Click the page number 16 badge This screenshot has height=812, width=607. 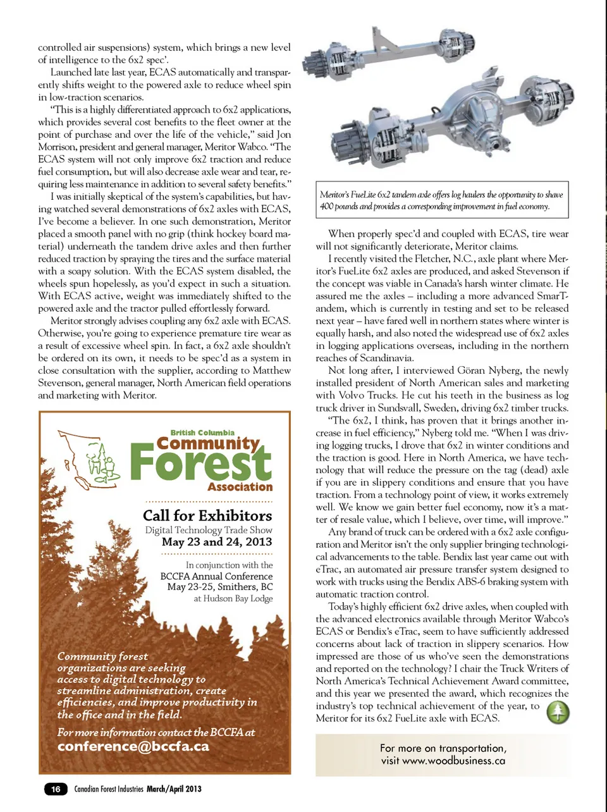(56, 789)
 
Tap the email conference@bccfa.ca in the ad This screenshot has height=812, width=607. (133, 746)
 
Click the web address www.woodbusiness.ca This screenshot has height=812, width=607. (453, 761)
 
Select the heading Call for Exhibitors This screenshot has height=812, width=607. (207, 515)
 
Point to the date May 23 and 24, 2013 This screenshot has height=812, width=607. (217, 542)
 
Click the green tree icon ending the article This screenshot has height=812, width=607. (558, 713)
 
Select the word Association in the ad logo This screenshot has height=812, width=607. (240, 487)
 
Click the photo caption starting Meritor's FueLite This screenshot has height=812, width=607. (441, 200)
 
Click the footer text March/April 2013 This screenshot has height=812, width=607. (174, 789)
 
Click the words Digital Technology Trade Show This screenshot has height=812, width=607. (209, 530)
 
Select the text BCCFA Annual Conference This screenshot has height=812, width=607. (216, 576)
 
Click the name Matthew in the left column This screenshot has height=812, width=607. (271, 371)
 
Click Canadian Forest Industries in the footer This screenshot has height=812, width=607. (109, 789)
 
